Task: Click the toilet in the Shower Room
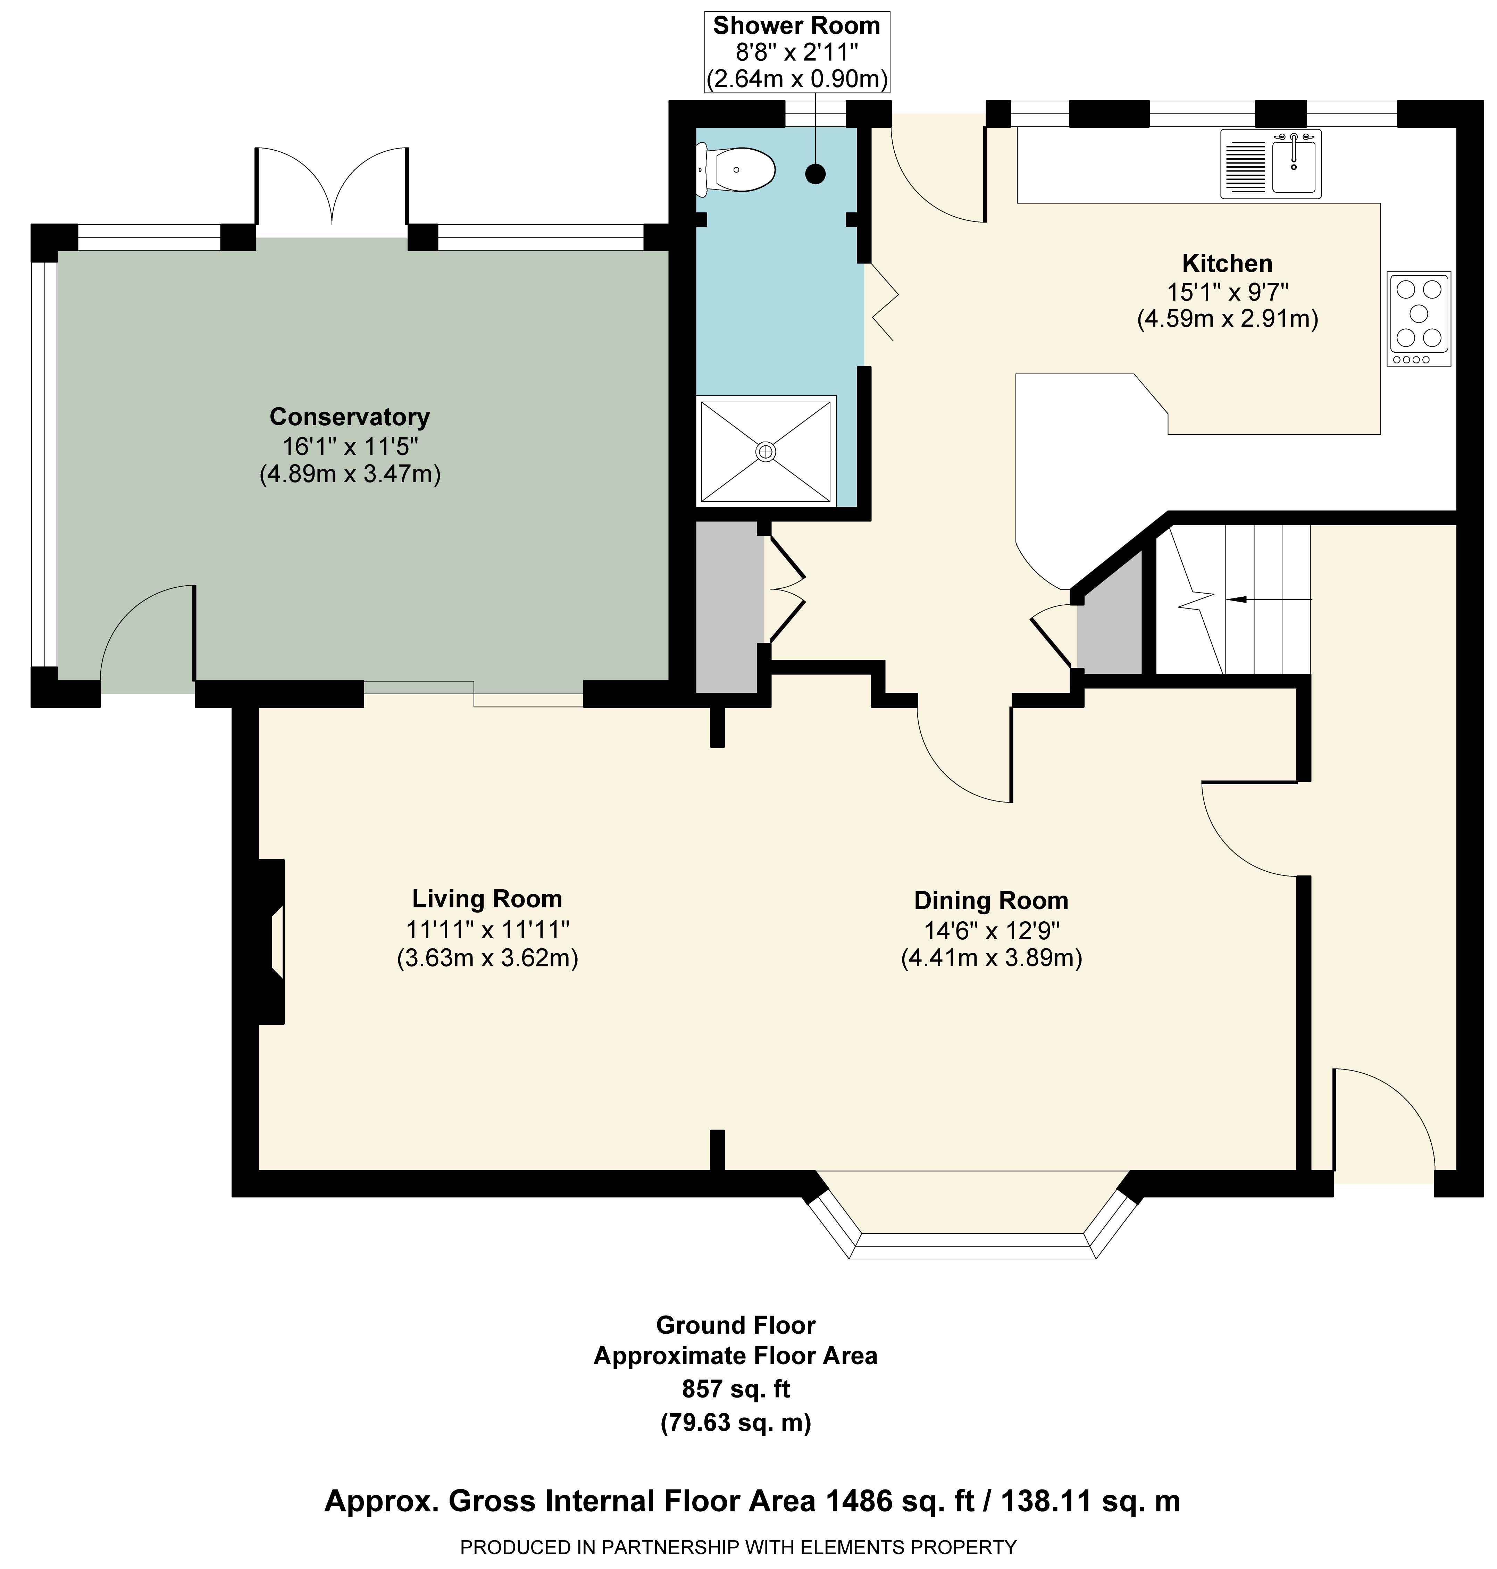pos(736,169)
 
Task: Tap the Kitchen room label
pos(1227,263)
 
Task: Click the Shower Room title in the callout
pos(796,26)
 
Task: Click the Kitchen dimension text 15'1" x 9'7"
pos(1227,292)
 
